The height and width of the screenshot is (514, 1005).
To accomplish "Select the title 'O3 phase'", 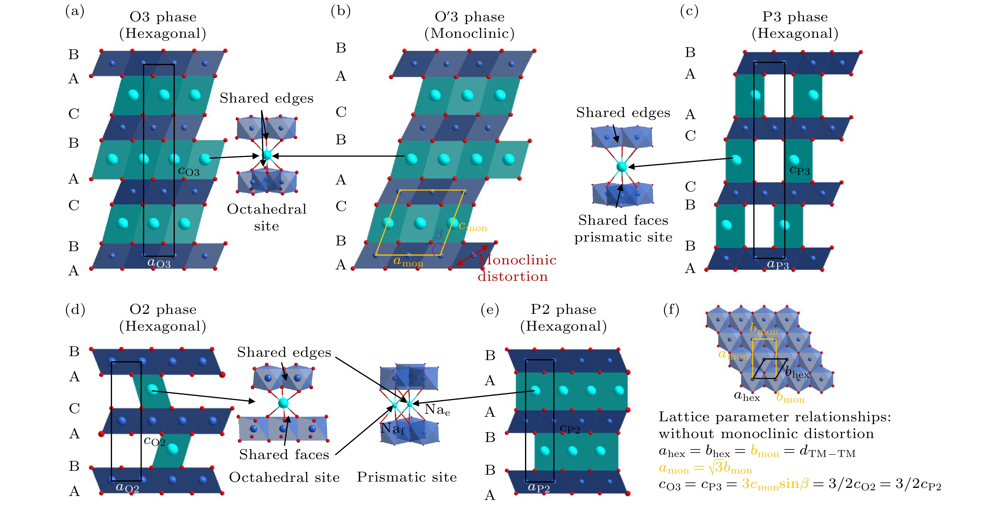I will [x=163, y=17].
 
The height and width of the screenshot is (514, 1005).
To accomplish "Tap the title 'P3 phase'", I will [x=795, y=17].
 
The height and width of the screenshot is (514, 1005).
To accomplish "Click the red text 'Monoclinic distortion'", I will [x=517, y=268].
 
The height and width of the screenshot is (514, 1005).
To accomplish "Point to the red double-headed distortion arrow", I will [x=472, y=255].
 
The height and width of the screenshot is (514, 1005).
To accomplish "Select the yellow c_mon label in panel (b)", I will [x=472, y=226].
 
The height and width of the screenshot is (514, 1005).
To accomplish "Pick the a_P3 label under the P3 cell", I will [x=778, y=265].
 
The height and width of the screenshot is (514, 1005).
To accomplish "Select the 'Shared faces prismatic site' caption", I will [x=623, y=229].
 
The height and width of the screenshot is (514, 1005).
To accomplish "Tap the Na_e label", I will [x=437, y=410].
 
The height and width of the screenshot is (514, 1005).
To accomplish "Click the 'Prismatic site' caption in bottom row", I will [x=406, y=477].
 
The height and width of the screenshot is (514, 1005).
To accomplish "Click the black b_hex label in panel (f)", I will [x=797, y=373].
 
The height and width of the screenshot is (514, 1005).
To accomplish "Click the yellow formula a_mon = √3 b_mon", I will [x=705, y=468].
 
